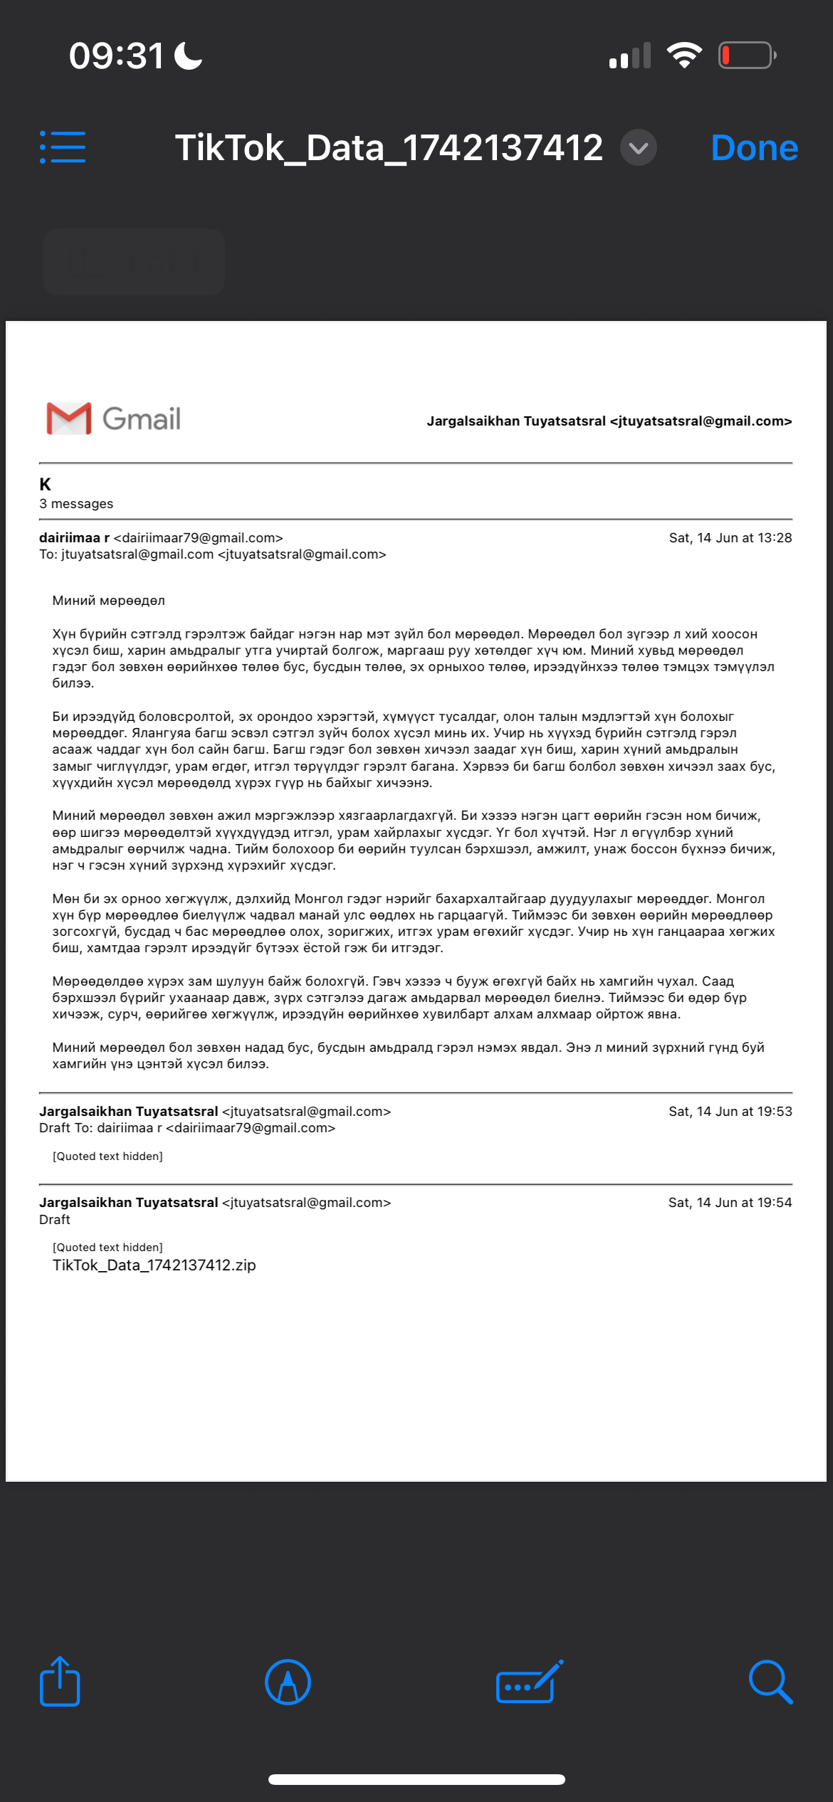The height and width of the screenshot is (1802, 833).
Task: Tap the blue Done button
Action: [754, 148]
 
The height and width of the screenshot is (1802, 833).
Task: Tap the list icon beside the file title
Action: [63, 147]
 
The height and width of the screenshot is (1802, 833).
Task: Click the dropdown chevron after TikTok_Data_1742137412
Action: [638, 148]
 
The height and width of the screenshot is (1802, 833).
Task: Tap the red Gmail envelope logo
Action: [69, 418]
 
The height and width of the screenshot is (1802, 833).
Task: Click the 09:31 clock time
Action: [117, 56]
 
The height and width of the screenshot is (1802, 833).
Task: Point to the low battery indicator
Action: [746, 56]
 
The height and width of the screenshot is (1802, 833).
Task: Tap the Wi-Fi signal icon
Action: [684, 56]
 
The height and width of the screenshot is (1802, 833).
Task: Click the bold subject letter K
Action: [46, 485]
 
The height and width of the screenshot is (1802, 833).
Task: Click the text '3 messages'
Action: [76, 504]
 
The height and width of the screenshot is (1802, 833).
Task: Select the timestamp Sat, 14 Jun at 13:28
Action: [730, 538]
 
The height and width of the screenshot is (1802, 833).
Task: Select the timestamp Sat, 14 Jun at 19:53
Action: [730, 1112]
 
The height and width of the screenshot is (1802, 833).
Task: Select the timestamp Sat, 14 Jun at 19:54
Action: [730, 1203]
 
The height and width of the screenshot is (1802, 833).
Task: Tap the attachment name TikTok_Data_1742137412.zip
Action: [154, 1265]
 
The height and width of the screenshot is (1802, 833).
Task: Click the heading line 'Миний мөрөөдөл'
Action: [108, 601]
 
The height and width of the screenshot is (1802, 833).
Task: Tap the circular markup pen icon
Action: [288, 1682]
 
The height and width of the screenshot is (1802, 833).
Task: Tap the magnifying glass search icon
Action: [770, 1682]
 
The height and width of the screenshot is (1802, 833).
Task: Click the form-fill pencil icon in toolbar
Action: [529, 1682]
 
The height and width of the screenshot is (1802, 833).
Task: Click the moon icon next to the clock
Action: [189, 56]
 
